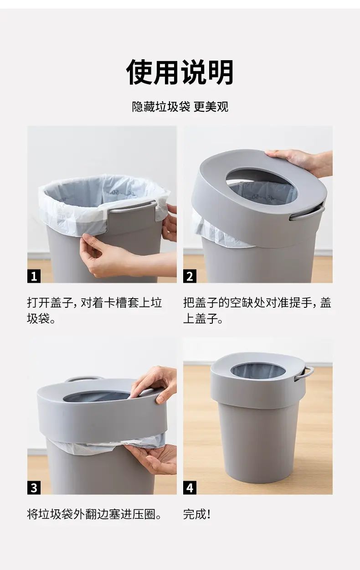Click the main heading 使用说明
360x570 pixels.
(180, 72)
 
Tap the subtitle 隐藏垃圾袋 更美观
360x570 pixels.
(180, 107)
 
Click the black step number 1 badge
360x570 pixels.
(34, 276)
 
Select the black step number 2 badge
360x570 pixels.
(190, 276)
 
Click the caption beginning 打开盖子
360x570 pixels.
(95, 311)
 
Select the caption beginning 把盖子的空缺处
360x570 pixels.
(257, 311)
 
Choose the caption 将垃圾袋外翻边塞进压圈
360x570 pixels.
(94, 514)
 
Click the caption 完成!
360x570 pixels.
(197, 514)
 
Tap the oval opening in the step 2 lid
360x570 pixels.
(262, 186)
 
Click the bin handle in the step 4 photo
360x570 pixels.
(304, 373)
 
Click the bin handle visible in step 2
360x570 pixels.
(307, 213)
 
